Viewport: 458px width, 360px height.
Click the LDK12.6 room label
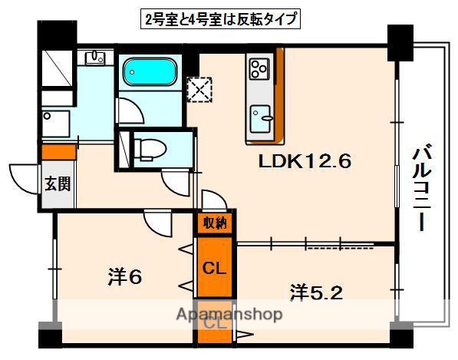(x=304, y=162)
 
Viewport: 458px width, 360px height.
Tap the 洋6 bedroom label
(x=125, y=277)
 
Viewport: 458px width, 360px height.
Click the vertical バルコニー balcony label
(x=420, y=182)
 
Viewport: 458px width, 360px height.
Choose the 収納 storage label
(x=215, y=224)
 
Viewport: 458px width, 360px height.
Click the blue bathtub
(x=150, y=74)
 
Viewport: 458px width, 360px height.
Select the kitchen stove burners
(x=257, y=69)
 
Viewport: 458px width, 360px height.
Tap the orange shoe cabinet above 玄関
(x=58, y=151)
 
